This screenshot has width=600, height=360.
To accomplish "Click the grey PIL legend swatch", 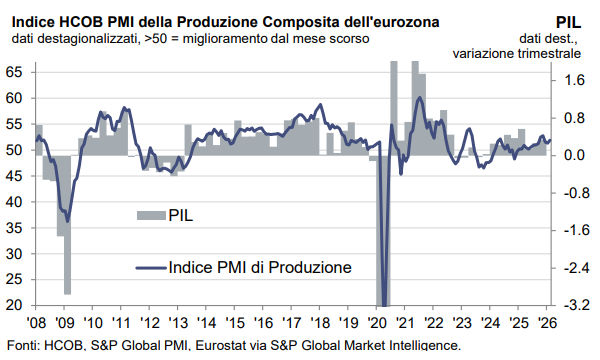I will [149, 214].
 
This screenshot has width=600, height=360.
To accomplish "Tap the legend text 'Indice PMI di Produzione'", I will [260, 267].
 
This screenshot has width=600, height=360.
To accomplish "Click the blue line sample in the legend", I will [149, 267].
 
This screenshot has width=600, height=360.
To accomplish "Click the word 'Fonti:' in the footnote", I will [21, 346].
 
